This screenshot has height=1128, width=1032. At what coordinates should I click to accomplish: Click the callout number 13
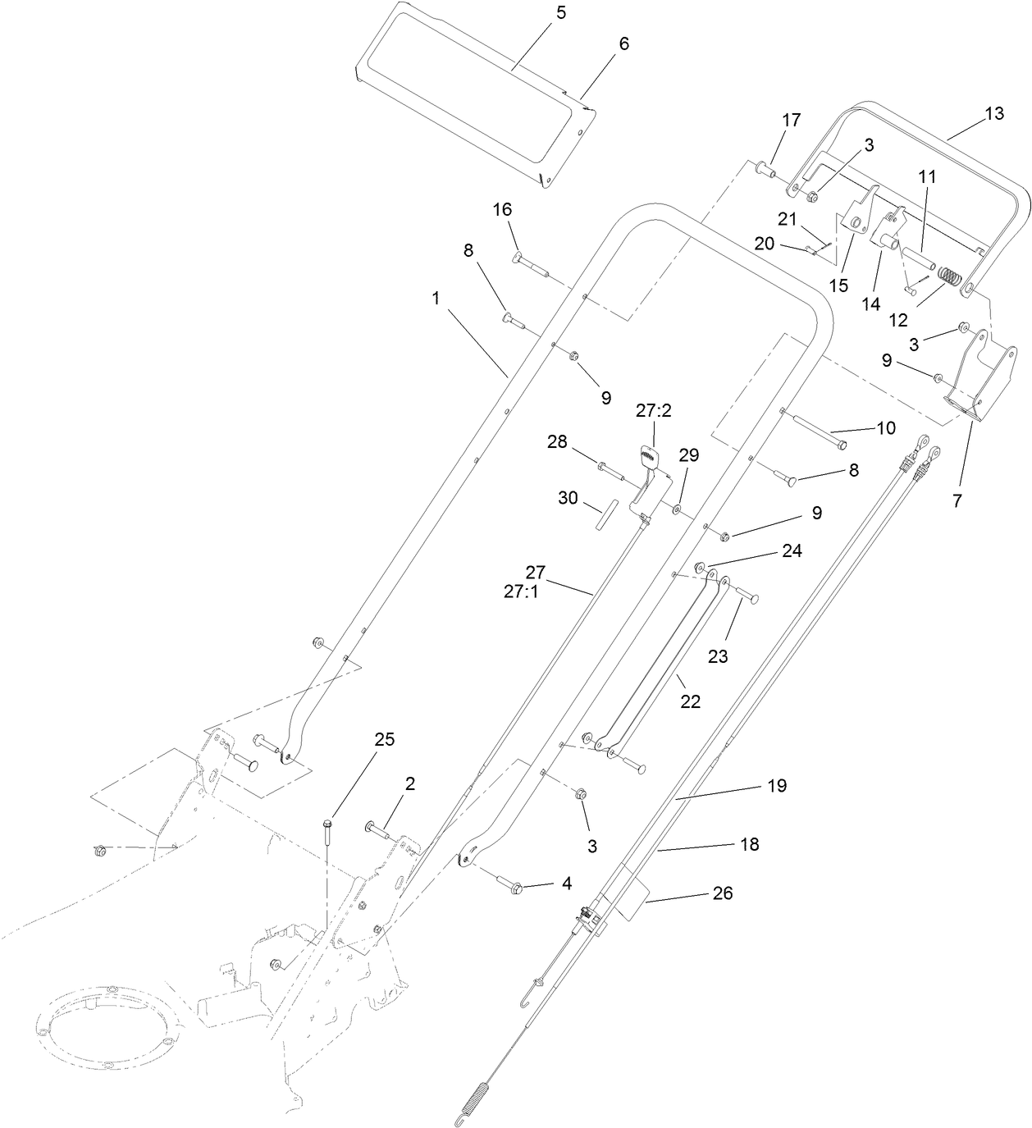[993, 114]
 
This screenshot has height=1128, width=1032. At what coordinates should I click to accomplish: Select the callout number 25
[384, 739]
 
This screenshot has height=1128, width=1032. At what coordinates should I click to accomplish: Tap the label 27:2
[654, 411]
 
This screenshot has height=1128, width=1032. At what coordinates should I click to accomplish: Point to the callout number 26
[722, 893]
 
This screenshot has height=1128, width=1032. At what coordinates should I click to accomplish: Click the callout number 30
[567, 497]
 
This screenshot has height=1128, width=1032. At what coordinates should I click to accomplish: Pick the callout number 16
[502, 210]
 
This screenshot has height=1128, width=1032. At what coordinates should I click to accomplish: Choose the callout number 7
[957, 500]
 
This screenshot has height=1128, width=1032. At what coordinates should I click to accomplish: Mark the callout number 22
[691, 701]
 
